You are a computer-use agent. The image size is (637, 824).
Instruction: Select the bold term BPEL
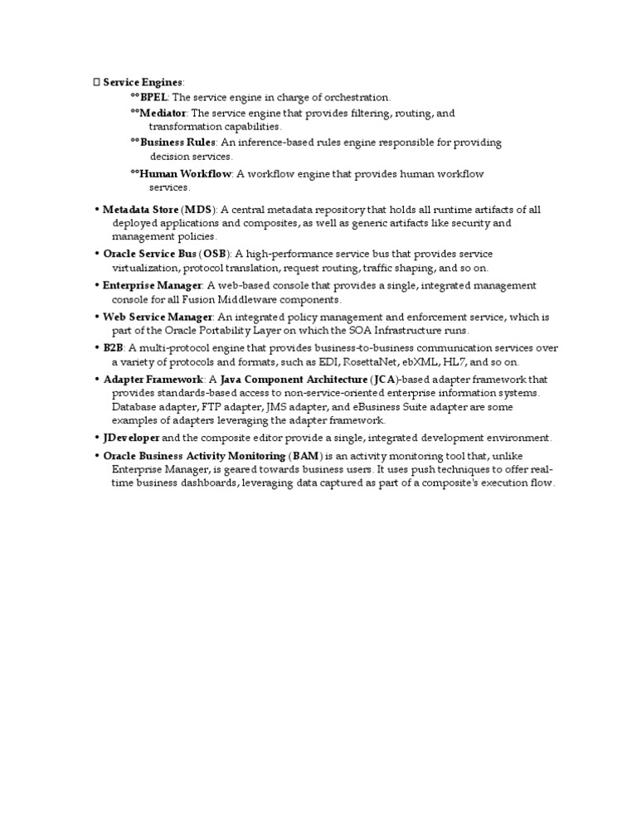coord(153,97)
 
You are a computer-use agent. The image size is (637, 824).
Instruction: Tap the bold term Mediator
coord(163,113)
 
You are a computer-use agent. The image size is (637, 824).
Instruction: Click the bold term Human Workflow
coord(186,174)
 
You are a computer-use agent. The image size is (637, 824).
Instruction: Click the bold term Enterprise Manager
coord(152,285)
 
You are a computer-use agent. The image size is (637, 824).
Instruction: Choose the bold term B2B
coord(113,348)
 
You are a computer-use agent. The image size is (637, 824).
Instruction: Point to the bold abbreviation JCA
coord(382,380)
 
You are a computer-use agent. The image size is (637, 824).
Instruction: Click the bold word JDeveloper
coord(131,438)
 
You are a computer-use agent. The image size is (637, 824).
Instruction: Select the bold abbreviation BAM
coord(303,456)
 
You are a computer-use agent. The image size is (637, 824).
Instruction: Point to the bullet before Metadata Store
coord(97,210)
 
